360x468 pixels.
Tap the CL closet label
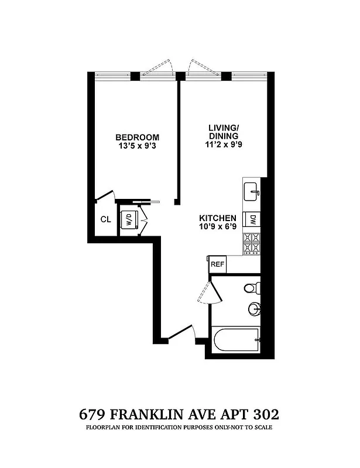[x=105, y=220]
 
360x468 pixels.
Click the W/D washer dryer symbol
[x=128, y=220]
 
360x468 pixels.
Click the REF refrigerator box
[x=218, y=264]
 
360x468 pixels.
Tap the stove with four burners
[x=252, y=243]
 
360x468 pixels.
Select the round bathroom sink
[x=253, y=308]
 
